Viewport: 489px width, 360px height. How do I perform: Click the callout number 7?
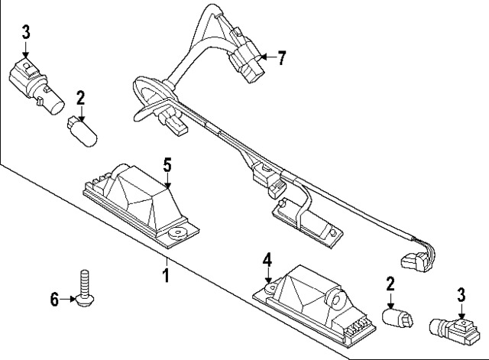coord(282,57)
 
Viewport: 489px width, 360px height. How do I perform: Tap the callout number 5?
coord(167,164)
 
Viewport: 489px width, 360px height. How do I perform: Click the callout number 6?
coord(54,300)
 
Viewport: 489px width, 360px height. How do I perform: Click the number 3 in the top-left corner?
coord(25,31)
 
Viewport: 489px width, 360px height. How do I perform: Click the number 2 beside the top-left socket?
coord(79,97)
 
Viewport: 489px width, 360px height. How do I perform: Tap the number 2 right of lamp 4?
coord(390,284)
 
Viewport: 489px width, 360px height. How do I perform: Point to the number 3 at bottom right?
coord(461,294)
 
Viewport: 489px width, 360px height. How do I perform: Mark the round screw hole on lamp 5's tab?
coord(179,231)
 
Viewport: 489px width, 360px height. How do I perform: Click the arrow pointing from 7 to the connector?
coord(266,57)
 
